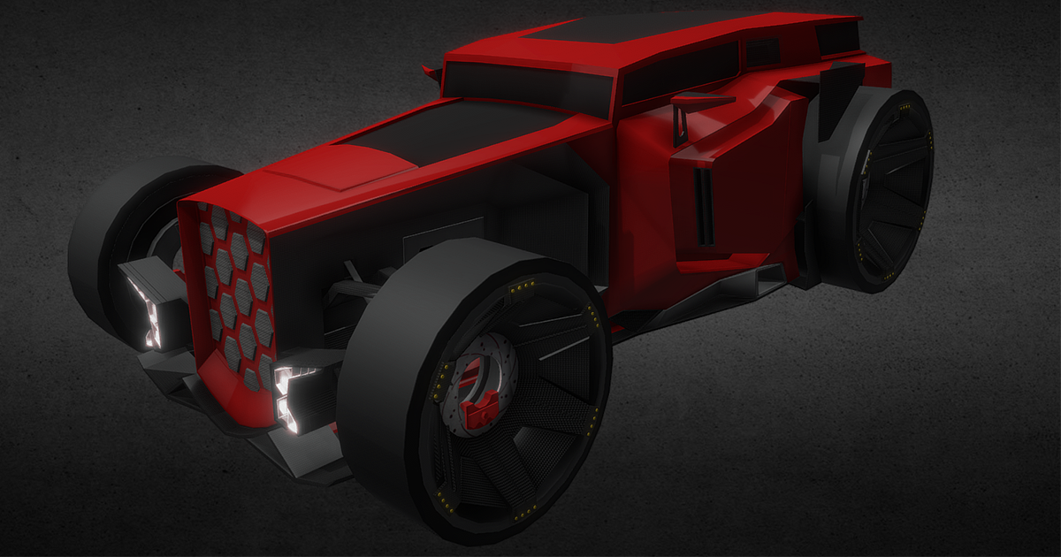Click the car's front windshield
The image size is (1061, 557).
click(x=526, y=86)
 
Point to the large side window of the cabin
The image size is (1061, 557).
click(x=681, y=71)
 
